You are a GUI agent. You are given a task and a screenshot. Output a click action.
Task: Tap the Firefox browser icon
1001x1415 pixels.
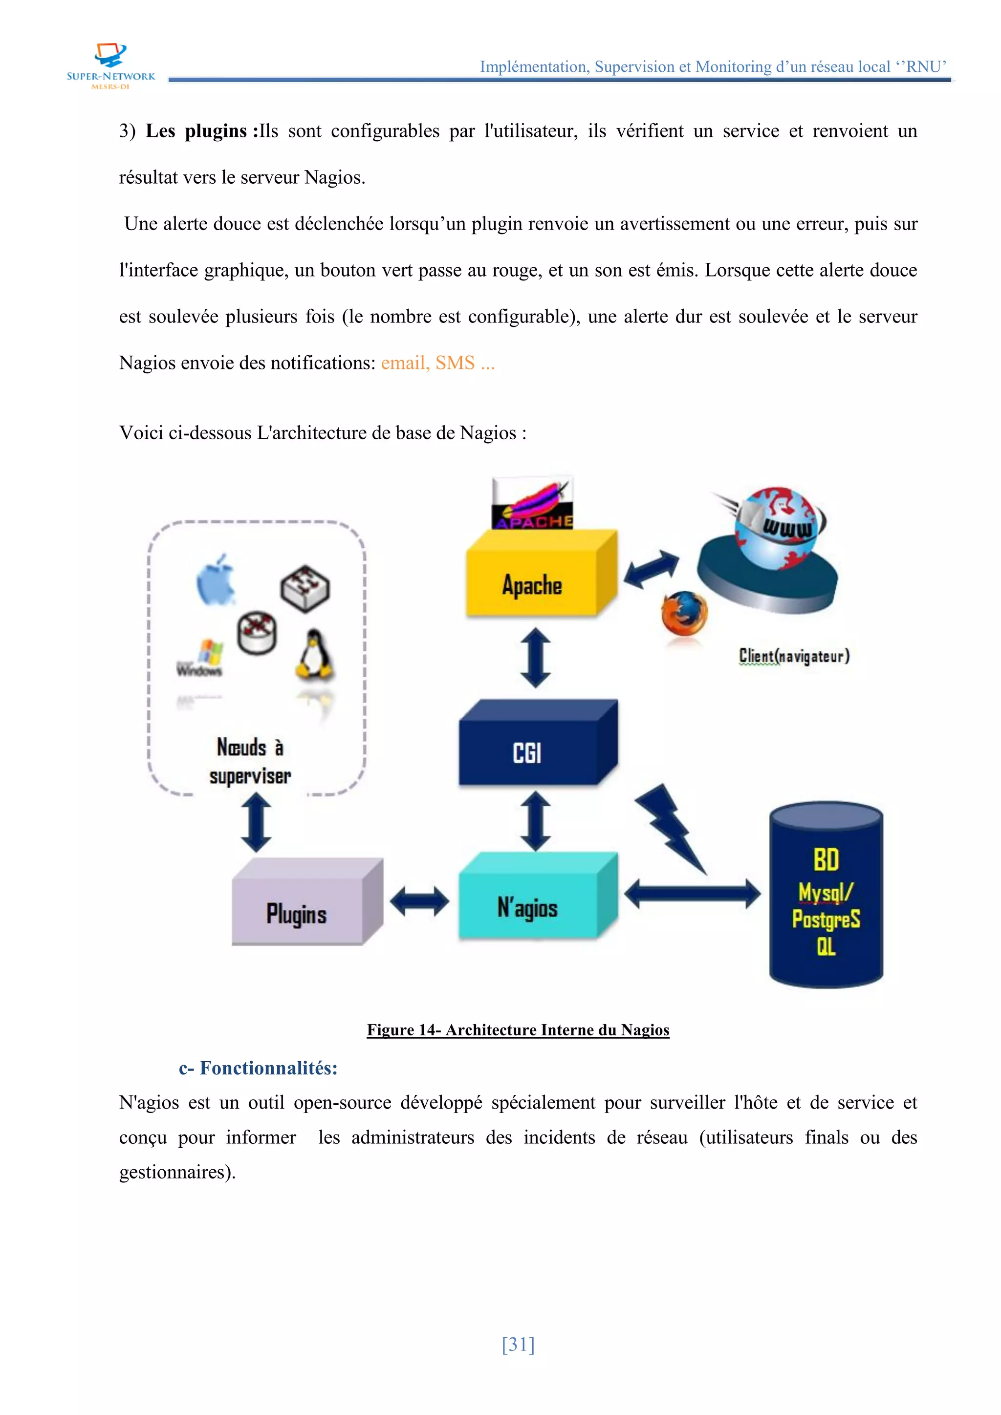coord(684,613)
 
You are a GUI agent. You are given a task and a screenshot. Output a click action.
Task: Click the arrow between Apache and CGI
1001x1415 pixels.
coord(535,658)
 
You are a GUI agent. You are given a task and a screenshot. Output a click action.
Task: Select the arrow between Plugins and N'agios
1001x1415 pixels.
coord(420,901)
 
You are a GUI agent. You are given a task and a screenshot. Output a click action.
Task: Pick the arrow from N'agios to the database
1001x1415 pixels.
coord(692,894)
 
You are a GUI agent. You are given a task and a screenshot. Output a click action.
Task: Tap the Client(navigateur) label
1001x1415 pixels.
coord(794,656)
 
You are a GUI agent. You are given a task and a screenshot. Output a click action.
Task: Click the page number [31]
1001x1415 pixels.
coord(518,1344)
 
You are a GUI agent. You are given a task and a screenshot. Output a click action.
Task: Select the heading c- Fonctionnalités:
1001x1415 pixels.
coord(258,1068)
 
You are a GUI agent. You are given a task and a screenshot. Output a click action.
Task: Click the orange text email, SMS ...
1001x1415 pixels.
coord(437,363)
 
